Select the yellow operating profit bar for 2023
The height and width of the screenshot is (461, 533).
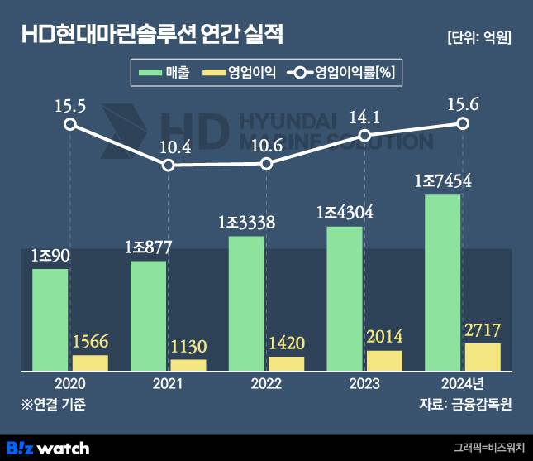coord(384,361)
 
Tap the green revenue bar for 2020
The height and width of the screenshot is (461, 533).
coord(50,319)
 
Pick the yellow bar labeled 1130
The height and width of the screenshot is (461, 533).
coord(188,365)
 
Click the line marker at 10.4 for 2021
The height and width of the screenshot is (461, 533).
coord(169,165)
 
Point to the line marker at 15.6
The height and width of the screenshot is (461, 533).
coord(464,123)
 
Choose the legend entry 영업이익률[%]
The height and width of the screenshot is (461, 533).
coord(342,74)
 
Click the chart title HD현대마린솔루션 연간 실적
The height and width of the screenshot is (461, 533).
coord(152,36)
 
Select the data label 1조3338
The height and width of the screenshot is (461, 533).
coord(246,223)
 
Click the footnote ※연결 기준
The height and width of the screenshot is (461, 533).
coord(54,405)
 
